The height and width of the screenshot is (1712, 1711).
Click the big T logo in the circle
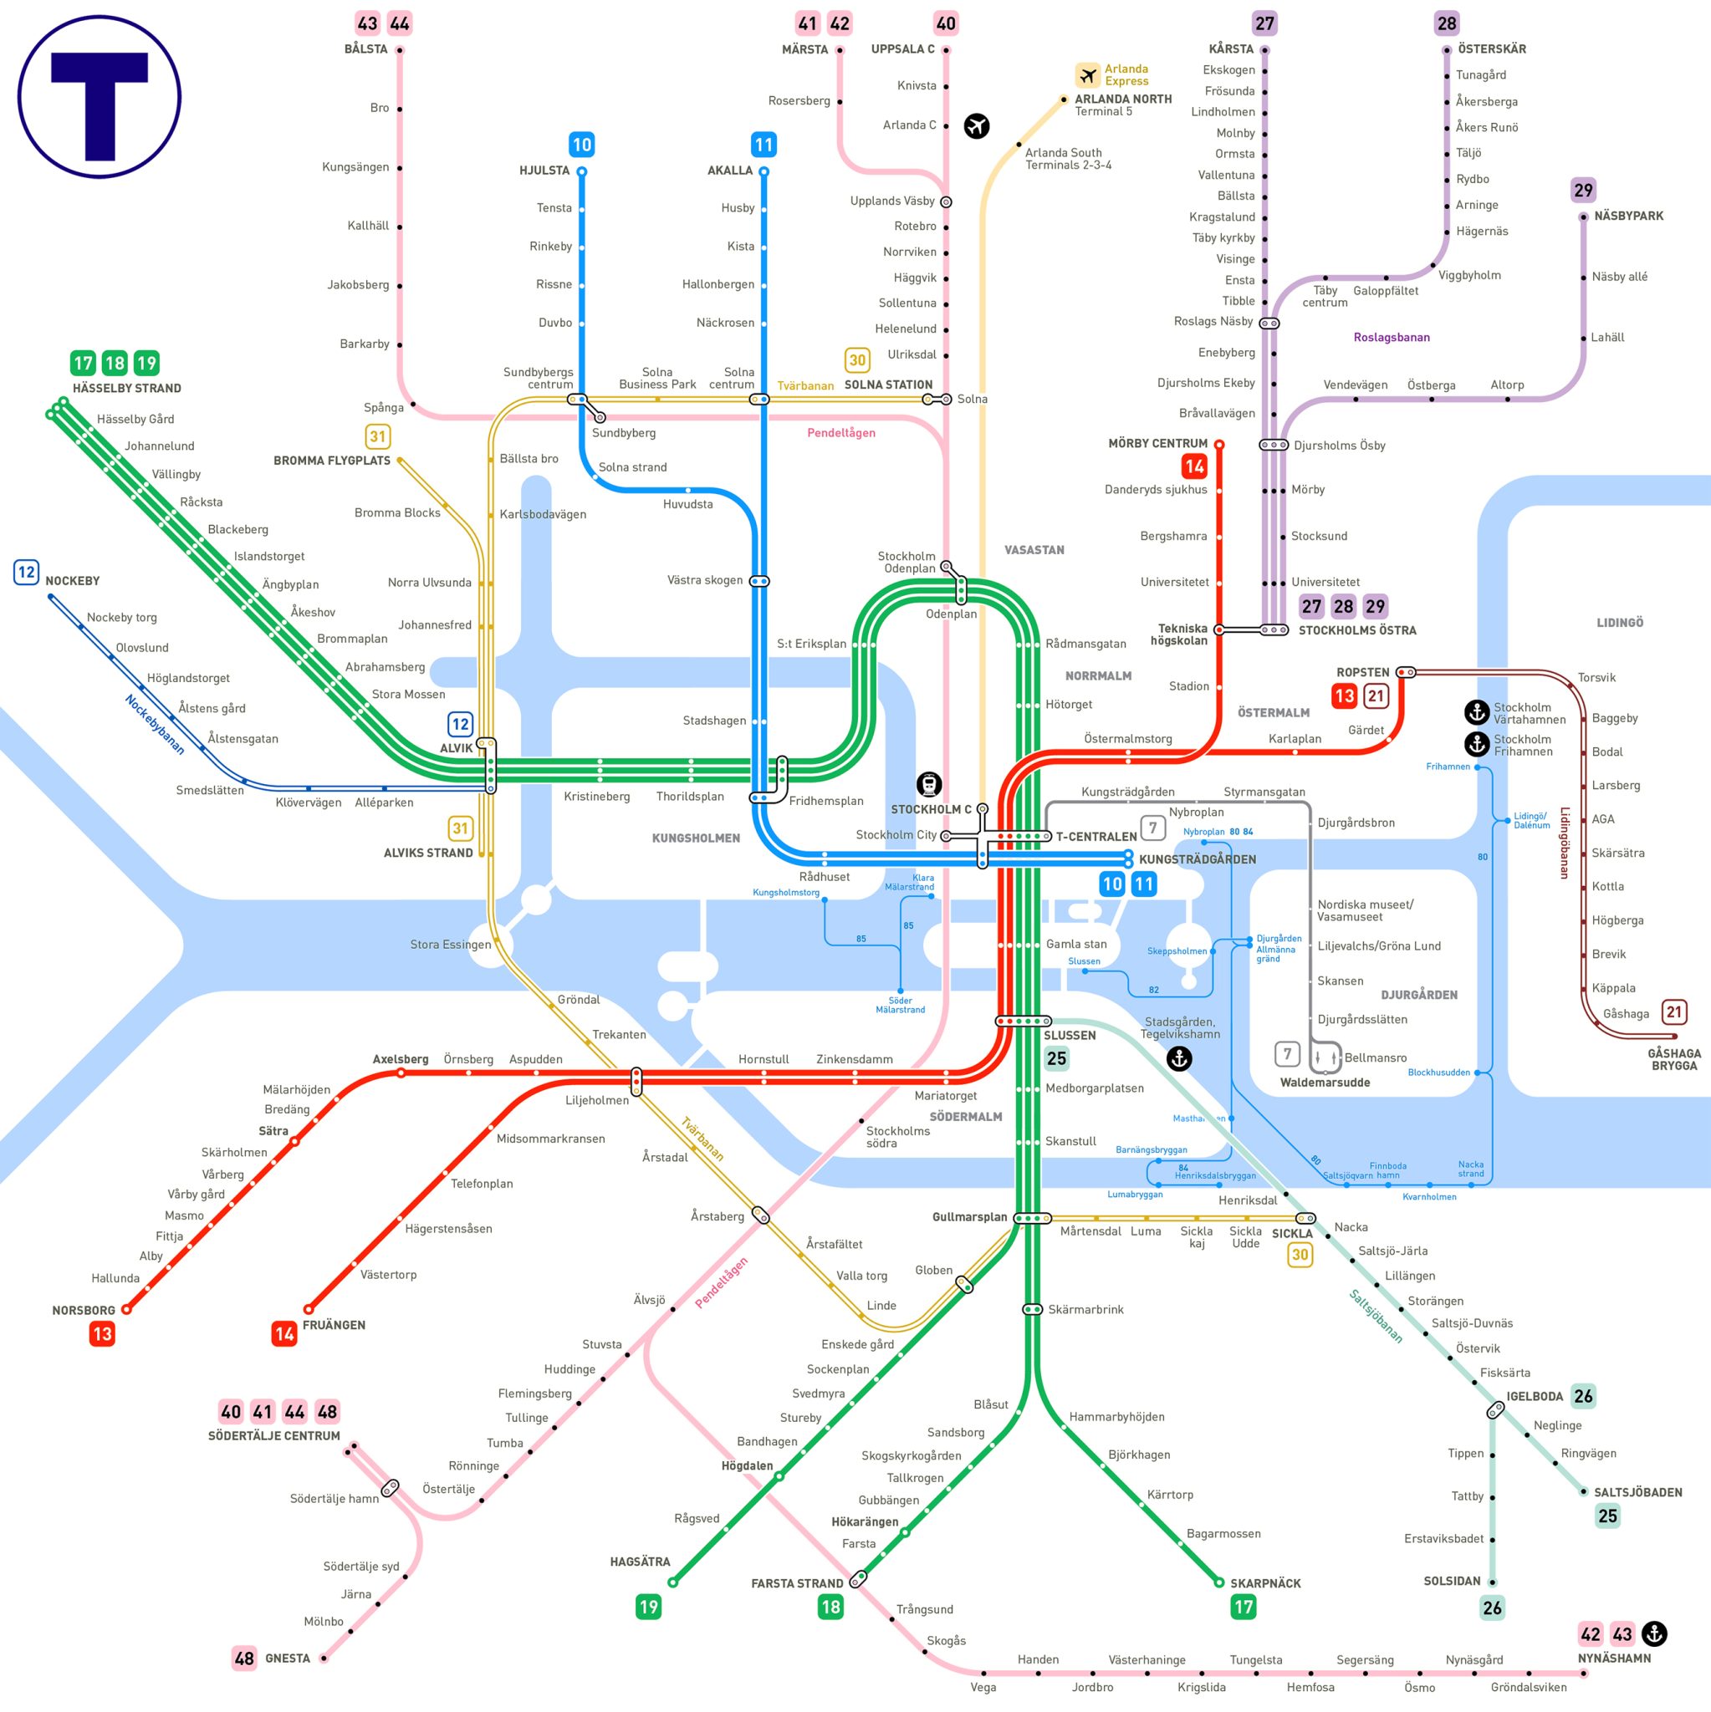coord(100,98)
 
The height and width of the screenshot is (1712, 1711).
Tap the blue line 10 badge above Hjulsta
coord(581,145)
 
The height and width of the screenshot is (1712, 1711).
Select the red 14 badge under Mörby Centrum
coord(1194,466)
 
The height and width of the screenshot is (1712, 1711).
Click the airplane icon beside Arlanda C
coord(976,126)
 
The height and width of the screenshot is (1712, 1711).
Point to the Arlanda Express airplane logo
coord(1088,75)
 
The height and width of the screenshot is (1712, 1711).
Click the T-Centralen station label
coord(1096,837)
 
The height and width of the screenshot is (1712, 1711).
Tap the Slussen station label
coord(1069,1035)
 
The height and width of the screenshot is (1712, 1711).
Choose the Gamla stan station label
coord(1075,944)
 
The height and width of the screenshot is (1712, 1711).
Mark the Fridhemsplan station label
coord(825,801)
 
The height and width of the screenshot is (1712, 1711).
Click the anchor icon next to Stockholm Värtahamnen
coord(1476,711)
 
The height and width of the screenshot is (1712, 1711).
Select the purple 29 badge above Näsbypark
coord(1582,190)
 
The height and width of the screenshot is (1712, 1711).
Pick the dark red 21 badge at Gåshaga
coord(1673,1012)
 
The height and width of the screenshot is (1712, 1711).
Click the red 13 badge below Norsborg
coord(102,1333)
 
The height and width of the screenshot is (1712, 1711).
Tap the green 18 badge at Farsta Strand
coord(830,1607)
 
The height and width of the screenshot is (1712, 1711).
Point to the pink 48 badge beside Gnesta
coord(244,1658)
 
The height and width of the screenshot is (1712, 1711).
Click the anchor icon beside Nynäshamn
coord(1653,1633)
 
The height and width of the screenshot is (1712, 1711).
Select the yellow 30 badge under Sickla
coord(1300,1254)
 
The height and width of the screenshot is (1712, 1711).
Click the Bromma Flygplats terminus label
coord(331,461)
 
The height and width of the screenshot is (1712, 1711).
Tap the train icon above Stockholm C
coord(928,784)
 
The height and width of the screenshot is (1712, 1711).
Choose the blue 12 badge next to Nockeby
coord(27,573)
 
